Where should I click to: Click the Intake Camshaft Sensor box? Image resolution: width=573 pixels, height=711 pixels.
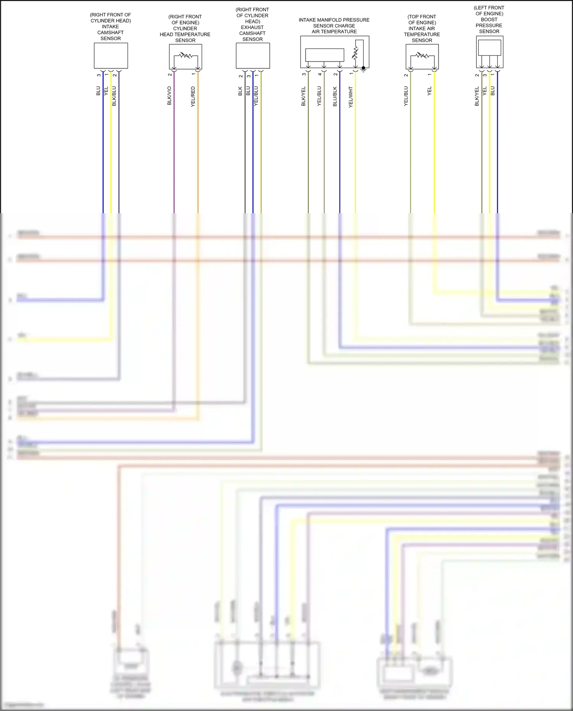pyautogui.click(x=111, y=56)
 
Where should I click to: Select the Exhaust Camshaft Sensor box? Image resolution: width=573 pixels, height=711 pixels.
pyautogui.click(x=253, y=56)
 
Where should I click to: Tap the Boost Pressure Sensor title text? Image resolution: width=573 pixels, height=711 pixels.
pyautogui.click(x=489, y=19)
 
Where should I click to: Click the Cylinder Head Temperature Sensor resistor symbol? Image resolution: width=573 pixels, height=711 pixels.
pyautogui.click(x=186, y=55)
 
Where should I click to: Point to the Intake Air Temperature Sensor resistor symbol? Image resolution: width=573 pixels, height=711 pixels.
pyautogui.click(x=422, y=55)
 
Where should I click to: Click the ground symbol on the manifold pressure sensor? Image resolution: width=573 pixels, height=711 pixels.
pyautogui.click(x=364, y=69)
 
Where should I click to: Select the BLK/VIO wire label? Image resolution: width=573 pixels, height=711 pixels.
pyautogui.click(x=170, y=96)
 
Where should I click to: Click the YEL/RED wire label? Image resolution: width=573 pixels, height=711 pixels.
pyautogui.click(x=193, y=96)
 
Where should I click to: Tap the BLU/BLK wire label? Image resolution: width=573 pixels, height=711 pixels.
pyautogui.click(x=335, y=96)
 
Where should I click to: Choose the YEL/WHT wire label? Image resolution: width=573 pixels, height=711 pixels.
pyautogui.click(x=351, y=97)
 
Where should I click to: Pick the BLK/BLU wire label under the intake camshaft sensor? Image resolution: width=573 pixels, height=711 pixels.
pyautogui.click(x=114, y=96)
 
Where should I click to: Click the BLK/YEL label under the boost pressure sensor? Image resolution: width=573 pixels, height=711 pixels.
pyautogui.click(x=477, y=96)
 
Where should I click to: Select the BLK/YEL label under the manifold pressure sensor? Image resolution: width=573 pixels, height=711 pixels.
pyautogui.click(x=304, y=96)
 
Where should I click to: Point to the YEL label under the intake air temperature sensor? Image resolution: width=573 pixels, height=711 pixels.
pyautogui.click(x=430, y=91)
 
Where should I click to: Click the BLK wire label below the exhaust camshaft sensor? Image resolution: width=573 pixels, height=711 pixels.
pyautogui.click(x=240, y=91)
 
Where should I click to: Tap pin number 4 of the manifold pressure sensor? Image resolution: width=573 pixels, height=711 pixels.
pyautogui.click(x=320, y=74)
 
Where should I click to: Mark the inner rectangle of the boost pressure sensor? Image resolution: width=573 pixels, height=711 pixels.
pyautogui.click(x=489, y=48)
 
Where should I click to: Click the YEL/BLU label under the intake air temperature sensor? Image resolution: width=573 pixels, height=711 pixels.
pyautogui.click(x=406, y=96)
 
